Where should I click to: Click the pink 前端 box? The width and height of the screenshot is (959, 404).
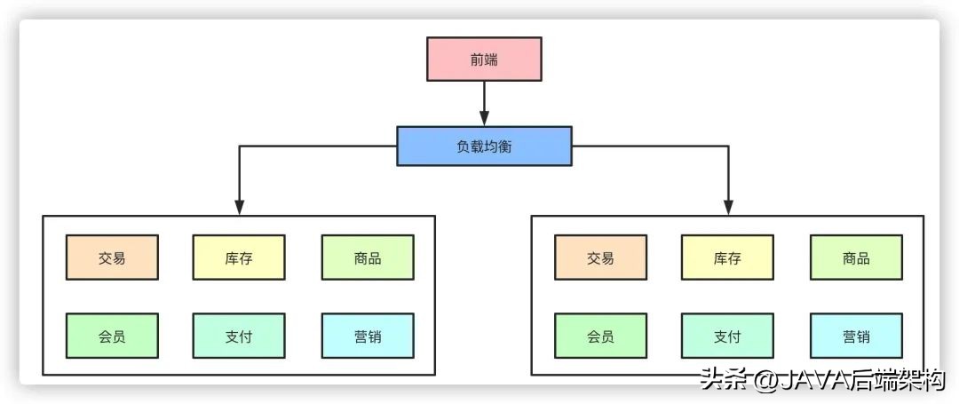[484, 59]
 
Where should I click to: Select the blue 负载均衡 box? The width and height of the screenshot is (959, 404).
[484, 147]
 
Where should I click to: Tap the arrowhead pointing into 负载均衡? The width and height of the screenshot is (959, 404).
[484, 118]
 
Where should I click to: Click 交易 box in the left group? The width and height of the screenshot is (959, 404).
[112, 257]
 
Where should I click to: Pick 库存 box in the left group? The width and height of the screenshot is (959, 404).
[239, 257]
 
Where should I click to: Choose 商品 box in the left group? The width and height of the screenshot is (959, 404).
[368, 257]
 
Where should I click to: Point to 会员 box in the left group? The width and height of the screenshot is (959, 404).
[112, 336]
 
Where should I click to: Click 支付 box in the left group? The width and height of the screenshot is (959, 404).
[239, 336]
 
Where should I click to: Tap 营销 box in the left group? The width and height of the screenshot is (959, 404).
[368, 336]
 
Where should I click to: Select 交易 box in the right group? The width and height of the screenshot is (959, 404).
[600, 257]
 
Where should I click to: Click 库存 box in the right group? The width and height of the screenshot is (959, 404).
[727, 257]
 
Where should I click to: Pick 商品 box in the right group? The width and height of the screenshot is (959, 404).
[856, 257]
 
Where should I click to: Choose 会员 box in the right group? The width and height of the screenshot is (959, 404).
[600, 336]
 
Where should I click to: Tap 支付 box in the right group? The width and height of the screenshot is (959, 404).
[727, 336]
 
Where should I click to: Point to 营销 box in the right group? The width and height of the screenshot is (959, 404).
[856, 336]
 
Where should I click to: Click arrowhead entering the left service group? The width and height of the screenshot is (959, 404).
[239, 207]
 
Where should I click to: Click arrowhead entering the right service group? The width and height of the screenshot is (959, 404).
[728, 207]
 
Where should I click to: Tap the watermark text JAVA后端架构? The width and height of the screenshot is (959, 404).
[860, 381]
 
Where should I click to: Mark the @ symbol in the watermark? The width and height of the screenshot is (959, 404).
[766, 382]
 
